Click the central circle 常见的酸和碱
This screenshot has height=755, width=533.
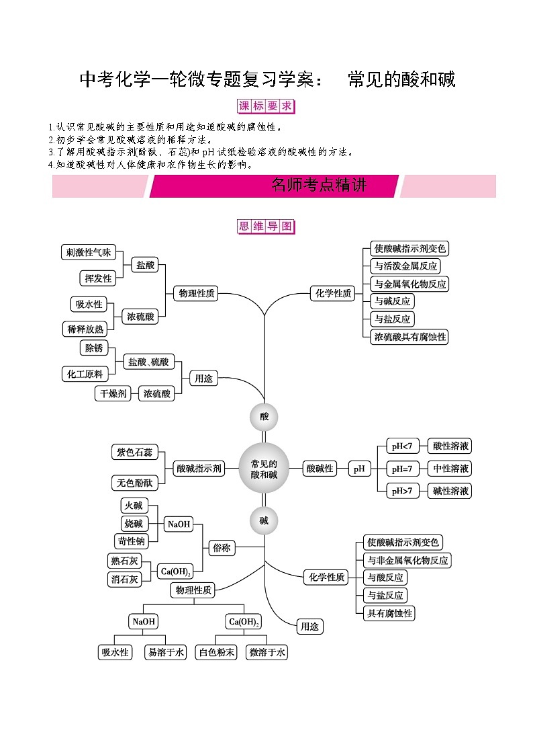264,469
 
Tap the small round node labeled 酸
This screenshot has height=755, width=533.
264,417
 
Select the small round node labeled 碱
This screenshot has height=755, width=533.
264,520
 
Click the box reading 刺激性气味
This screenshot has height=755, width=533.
89,252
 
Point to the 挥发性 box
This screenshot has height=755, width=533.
98,278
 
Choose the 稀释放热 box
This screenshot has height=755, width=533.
85,329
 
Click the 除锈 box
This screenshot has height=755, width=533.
94,348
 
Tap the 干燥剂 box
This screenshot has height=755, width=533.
113,393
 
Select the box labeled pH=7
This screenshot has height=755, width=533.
402,469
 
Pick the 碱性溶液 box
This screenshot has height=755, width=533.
450,491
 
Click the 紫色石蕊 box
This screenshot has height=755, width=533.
134,452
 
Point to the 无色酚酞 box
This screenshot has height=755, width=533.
134,483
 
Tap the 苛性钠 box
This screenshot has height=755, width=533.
131,541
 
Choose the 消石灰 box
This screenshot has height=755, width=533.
124,580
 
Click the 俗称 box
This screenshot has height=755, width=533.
222,547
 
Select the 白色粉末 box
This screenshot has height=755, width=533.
216,652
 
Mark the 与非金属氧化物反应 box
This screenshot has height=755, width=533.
407,560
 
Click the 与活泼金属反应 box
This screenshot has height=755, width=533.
405,266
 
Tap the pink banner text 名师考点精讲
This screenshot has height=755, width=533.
319,185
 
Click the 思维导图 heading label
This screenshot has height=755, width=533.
266,227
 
